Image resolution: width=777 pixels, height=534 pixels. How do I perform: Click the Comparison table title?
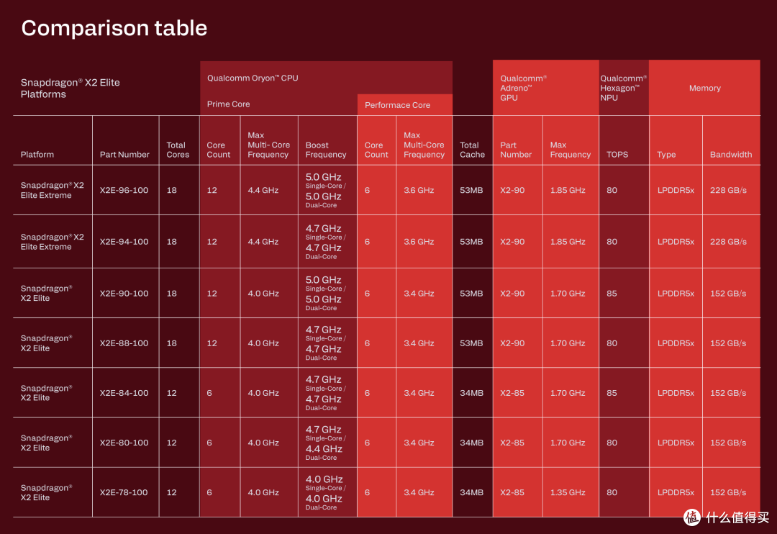pos(114,28)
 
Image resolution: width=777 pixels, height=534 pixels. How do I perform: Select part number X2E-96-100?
pos(124,190)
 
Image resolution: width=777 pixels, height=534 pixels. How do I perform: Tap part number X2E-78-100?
pos(124,492)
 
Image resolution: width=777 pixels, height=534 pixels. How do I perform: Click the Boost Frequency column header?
pos(326,150)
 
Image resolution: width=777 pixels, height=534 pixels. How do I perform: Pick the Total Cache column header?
pos(472,150)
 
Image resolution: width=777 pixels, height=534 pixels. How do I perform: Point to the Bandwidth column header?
pos(731,155)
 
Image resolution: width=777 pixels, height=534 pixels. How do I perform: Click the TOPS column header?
pos(617,155)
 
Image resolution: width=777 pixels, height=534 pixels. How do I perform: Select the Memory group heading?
pos(704,89)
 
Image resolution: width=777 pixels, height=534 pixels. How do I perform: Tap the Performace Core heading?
pos(397,105)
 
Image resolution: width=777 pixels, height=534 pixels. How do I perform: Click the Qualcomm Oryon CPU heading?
pos(253,78)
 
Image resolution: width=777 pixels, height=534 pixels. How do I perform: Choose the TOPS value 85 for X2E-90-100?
pos(612,294)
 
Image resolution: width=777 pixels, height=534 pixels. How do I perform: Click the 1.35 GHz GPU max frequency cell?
pos(568,492)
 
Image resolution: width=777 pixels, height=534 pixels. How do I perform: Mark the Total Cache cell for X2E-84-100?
pos(471,393)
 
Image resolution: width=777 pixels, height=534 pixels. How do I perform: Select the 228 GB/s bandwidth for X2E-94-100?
pos(728,242)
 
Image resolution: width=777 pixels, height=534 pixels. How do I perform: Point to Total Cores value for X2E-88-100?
pos(171,343)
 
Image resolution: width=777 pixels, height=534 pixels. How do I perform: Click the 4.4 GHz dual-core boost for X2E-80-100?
pos(324,449)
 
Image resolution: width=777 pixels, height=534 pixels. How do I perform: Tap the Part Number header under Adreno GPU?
pos(516,150)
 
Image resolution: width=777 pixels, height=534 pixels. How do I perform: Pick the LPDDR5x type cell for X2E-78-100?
pos(676,492)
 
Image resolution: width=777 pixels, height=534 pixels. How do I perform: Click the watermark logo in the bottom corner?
pos(692,517)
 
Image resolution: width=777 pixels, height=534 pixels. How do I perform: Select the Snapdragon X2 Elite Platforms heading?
pos(71,89)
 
